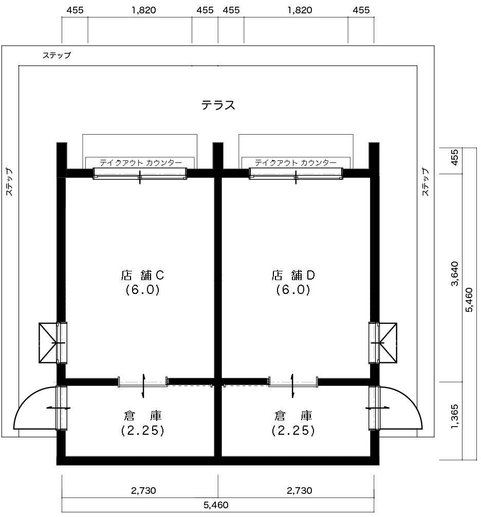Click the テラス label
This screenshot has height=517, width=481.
[218, 105]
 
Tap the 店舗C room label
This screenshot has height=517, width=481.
[143, 275]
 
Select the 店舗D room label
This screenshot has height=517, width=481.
[293, 275]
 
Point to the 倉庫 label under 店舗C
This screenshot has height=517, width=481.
[143, 416]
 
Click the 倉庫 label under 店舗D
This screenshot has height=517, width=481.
[293, 416]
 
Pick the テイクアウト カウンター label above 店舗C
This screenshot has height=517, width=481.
[141, 162]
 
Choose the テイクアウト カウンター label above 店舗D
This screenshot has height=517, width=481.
[295, 162]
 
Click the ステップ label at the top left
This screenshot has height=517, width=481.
[57, 55]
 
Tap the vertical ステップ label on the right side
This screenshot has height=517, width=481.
[425, 182]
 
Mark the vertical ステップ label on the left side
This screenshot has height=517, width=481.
[9, 182]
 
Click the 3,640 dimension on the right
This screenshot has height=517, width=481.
[455, 274]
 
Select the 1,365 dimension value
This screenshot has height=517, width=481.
[455, 417]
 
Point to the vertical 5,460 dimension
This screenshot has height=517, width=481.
[469, 300]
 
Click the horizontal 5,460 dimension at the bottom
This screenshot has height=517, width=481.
[216, 505]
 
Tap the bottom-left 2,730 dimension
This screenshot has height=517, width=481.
[143, 491]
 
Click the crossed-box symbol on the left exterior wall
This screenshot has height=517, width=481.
[48, 343]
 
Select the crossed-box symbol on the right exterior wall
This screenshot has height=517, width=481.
[387, 343]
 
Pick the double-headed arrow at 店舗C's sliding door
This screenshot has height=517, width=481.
[143, 386]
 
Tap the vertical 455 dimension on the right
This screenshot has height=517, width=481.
[455, 158]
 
